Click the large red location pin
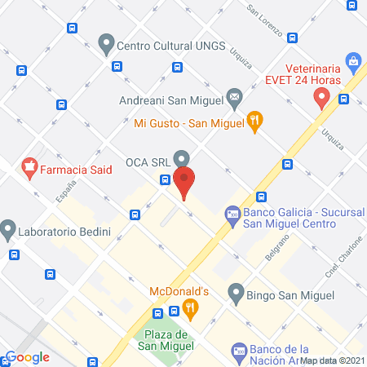click(x=185, y=180)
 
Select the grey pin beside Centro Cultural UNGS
click(x=105, y=42)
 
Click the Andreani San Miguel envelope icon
click(x=234, y=99)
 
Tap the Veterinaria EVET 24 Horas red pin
click(x=321, y=98)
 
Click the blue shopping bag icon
click(x=353, y=60)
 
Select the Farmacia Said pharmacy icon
click(x=29, y=169)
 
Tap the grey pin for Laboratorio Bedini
click(x=9, y=229)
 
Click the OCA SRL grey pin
click(x=182, y=157)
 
